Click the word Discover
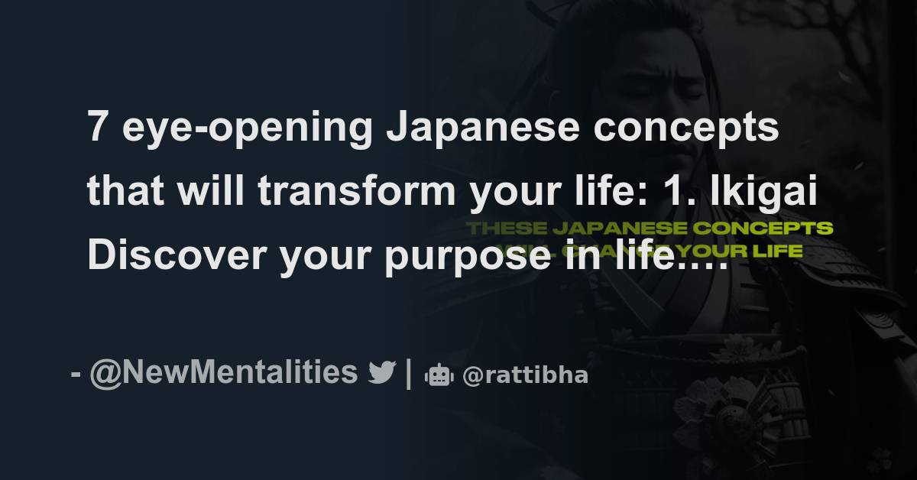[x=176, y=257]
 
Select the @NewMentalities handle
[x=223, y=374]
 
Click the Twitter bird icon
[x=381, y=374]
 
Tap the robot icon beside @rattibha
[x=439, y=375]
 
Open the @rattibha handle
[x=525, y=376]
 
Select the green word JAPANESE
[x=617, y=229]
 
